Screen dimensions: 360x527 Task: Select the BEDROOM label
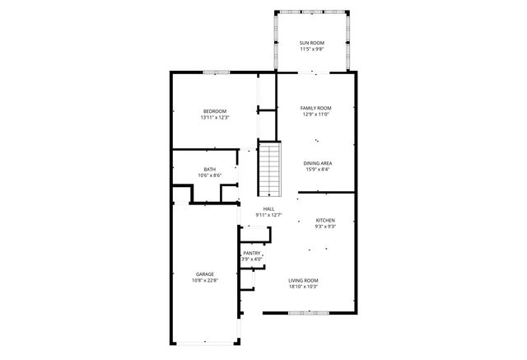point(215,111)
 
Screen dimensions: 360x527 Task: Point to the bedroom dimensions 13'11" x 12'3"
point(215,118)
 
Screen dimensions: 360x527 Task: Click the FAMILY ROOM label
point(315,108)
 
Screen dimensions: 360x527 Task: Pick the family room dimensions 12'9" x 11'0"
point(315,115)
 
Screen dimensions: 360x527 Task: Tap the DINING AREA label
point(318,163)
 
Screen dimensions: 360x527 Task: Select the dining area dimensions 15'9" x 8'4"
point(318,170)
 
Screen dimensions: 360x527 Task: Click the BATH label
point(210,170)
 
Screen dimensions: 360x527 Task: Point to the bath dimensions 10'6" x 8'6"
point(210,175)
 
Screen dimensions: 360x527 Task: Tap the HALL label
point(268,209)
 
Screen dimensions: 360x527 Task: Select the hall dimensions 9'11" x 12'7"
point(268,216)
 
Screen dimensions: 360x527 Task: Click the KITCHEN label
point(326,220)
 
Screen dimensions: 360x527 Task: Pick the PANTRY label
point(252,253)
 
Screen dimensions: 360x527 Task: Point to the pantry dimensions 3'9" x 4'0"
point(252,259)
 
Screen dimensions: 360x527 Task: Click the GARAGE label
point(205,274)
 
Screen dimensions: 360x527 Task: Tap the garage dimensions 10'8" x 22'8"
point(205,281)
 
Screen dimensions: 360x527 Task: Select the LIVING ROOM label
point(304,281)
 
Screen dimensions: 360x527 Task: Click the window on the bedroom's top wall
point(216,73)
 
